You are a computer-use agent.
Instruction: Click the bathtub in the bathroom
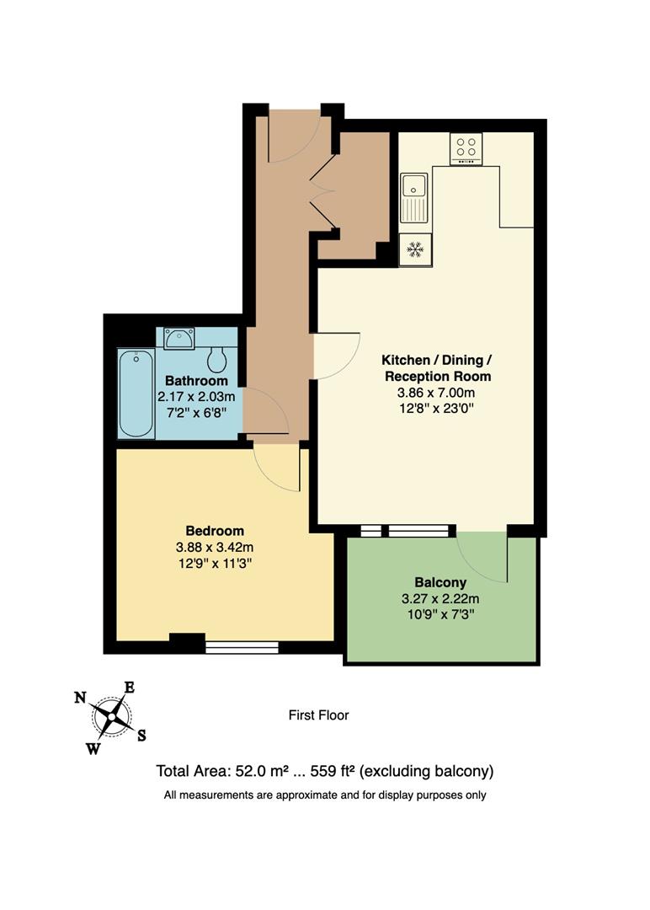136,393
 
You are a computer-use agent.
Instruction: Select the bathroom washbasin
179,339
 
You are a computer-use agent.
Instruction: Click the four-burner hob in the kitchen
465,148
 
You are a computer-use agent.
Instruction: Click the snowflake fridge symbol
414,249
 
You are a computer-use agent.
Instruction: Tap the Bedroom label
215,531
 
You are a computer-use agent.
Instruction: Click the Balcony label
440,582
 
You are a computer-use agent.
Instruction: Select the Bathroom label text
196,381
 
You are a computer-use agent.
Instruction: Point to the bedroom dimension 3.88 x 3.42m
215,547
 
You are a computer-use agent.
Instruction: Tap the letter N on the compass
80,697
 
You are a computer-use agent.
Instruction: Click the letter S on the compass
141,735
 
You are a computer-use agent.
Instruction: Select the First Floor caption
318,715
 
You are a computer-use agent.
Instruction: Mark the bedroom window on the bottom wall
242,647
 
